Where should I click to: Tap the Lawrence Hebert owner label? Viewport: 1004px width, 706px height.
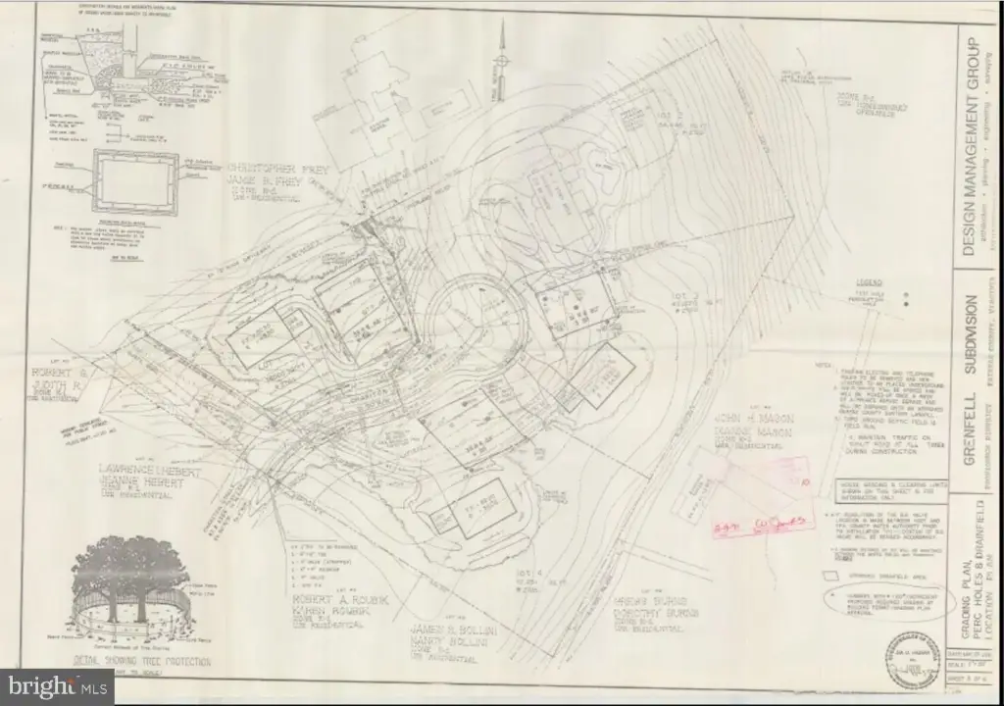[148, 472]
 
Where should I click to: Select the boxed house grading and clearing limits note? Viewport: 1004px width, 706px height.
[883, 490]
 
